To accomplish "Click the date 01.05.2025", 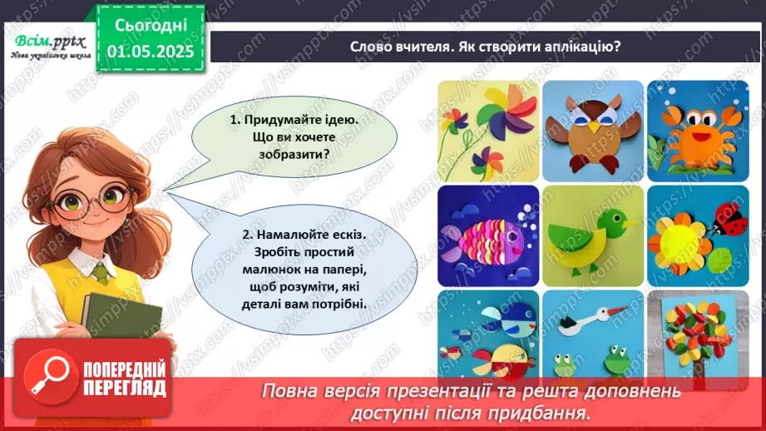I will click(x=151, y=51).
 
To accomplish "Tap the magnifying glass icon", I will click(x=47, y=374).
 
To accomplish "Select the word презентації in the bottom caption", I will click(x=484, y=390).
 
